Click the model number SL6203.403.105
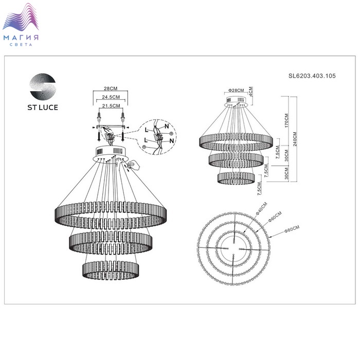[312, 76]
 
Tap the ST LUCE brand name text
[43, 107]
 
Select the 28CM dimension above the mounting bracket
[111, 88]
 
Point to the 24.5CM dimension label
[111, 97]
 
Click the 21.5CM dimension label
[111, 106]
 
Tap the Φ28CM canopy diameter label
[236, 90]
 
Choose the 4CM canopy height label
[251, 92]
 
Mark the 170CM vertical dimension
[286, 120]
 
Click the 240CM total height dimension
[295, 139]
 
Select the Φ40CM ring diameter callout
[261, 208]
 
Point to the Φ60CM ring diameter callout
[275, 217]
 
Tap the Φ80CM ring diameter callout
[292, 229]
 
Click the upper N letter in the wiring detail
[167, 126]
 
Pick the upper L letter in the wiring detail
[147, 130]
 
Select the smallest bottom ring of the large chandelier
[111, 270]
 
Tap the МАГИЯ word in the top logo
[21, 38]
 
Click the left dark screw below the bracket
[99, 136]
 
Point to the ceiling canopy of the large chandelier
[111, 154]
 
